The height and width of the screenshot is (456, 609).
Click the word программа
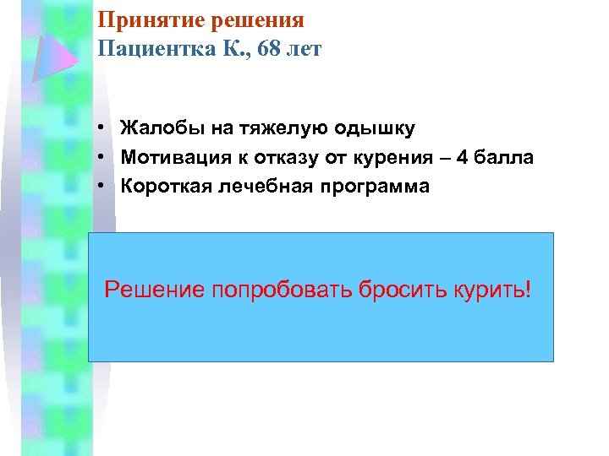click(380, 186)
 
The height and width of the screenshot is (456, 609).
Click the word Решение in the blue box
click(154, 291)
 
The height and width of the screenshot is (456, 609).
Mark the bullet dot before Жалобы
click(100, 128)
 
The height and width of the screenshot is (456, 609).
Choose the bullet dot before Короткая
click(100, 186)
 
